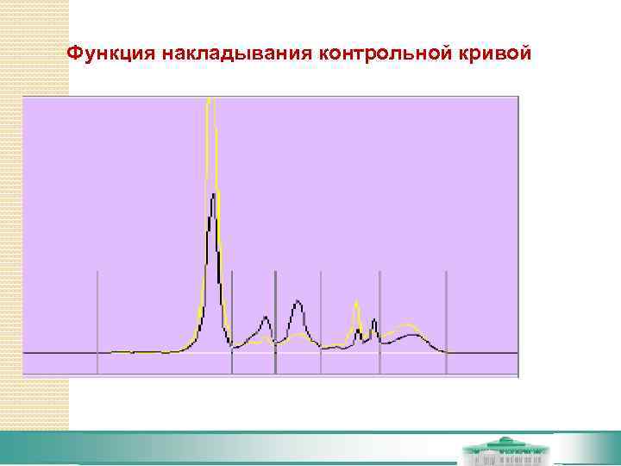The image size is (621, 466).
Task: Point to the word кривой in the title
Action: pyautogui.click(x=494, y=53)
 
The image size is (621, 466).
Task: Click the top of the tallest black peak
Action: pyautogui.click(x=212, y=197)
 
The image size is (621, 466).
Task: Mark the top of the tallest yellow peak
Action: pyautogui.click(x=210, y=102)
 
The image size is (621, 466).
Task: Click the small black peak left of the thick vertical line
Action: pyautogui.click(x=265, y=318)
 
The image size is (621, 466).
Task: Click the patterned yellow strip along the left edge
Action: pyautogui.click(x=34, y=216)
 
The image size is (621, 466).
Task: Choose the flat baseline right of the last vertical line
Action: pyautogui.click(x=483, y=353)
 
